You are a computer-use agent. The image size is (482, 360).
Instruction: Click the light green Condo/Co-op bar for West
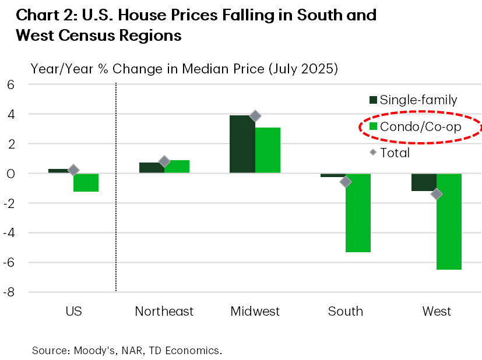pyautogui.click(x=449, y=221)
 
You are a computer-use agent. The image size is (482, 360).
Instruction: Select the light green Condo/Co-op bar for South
pyautogui.click(x=358, y=213)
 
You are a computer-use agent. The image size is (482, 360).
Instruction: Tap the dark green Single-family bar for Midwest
pyautogui.click(x=242, y=144)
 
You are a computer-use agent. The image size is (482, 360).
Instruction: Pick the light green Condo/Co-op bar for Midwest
pyautogui.click(x=268, y=150)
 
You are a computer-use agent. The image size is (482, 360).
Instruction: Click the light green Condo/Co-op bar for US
pyautogui.click(x=86, y=182)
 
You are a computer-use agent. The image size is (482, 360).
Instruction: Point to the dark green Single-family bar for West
pyautogui.click(x=424, y=182)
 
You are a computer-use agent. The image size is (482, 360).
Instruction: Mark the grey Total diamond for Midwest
pyautogui.click(x=255, y=116)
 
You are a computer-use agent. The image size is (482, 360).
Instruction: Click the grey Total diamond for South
pyautogui.click(x=346, y=182)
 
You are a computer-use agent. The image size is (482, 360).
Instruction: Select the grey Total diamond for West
pyautogui.click(x=436, y=194)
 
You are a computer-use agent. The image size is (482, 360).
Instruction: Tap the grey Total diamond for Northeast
pyautogui.click(x=164, y=161)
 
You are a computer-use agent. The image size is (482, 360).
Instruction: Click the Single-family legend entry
pyautogui.click(x=411, y=100)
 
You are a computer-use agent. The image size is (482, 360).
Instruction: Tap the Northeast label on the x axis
pyautogui.click(x=164, y=311)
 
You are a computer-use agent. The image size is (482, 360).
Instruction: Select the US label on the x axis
pyautogui.click(x=73, y=311)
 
